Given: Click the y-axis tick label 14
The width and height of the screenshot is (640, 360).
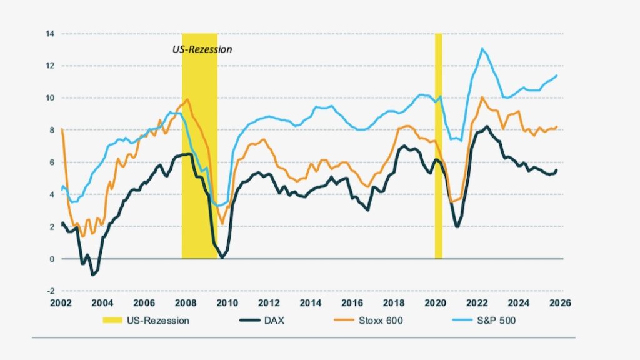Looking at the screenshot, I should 49,33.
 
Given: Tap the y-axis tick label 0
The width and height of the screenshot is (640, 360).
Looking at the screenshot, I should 51,259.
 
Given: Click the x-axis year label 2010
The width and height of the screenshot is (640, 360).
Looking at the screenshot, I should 227,303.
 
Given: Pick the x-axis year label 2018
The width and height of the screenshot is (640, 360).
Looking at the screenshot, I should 394,303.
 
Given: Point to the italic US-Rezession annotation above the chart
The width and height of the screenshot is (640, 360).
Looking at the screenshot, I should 202,49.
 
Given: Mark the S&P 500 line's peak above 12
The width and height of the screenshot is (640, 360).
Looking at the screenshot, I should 482,49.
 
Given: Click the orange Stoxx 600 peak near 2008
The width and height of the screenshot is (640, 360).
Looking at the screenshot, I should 188,99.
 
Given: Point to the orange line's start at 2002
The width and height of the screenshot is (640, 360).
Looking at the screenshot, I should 62,129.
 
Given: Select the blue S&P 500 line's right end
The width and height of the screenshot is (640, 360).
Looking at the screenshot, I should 557,76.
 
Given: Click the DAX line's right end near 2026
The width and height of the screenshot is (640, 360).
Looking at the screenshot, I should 557,170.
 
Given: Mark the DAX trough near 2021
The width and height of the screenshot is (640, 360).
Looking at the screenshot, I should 457,226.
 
